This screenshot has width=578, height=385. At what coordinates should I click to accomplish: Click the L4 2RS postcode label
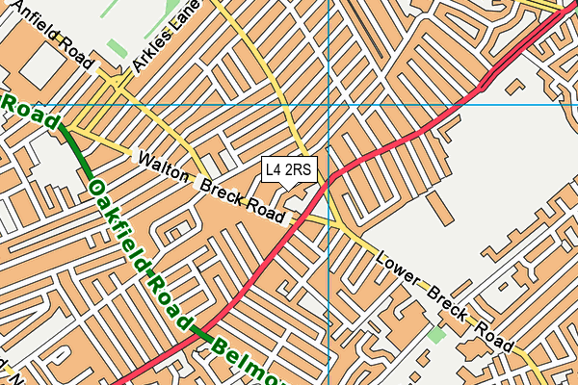point(289,170)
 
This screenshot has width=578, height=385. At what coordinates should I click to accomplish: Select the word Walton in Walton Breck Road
point(166,167)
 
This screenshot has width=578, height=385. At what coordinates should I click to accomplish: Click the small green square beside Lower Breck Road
point(438,335)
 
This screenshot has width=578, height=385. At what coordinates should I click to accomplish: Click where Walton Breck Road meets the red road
point(293,220)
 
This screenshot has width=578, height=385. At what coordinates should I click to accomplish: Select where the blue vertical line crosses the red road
point(328,179)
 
